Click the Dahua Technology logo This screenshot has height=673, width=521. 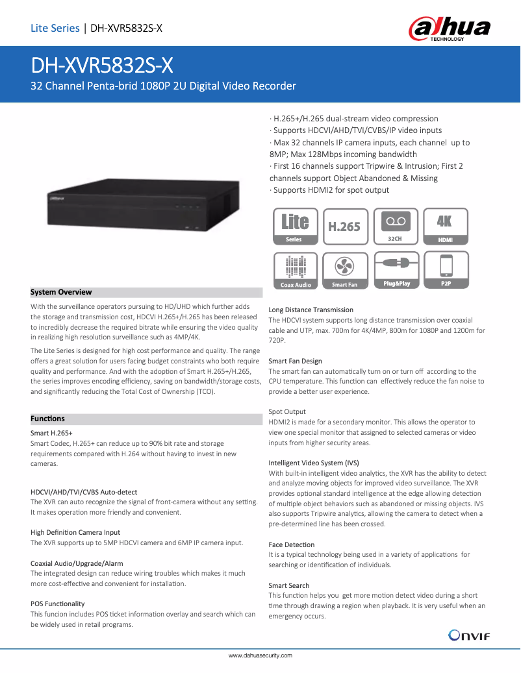(449, 29)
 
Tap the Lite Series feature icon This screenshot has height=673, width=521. (294, 226)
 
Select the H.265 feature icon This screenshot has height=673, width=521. (344, 226)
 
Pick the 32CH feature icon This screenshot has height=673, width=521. (395, 226)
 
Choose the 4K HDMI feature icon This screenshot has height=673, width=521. (446, 226)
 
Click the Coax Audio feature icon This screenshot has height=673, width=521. (294, 269)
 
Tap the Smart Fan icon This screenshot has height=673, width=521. (344, 269)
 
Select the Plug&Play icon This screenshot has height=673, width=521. (395, 269)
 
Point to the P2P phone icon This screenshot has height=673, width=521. (446, 269)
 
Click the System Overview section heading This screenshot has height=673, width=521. (62, 292)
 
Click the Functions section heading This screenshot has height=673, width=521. (48, 419)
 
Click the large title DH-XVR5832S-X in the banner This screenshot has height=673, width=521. (103, 66)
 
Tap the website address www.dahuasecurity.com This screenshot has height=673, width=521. (260, 655)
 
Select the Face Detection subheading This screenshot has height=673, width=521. (291, 545)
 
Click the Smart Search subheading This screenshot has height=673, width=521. (288, 585)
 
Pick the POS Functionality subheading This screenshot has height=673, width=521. (58, 604)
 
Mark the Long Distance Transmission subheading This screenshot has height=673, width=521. (311, 310)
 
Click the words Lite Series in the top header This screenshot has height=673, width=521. (55, 28)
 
